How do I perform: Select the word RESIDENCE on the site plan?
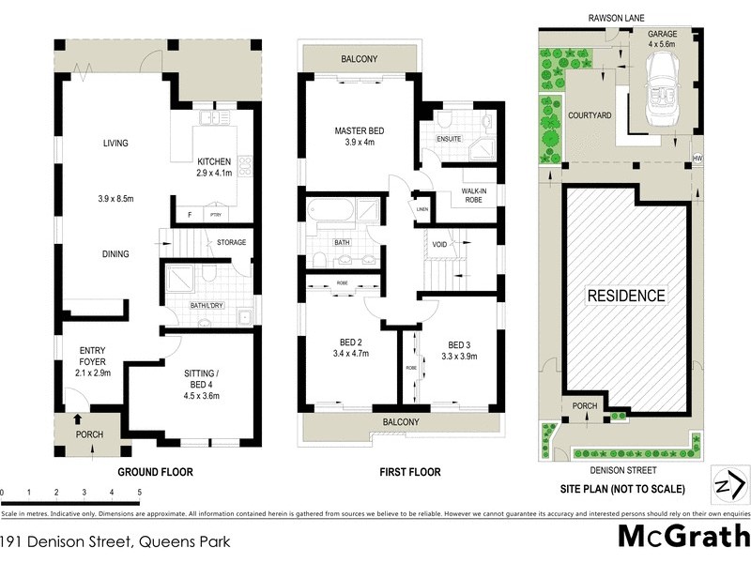[626, 296]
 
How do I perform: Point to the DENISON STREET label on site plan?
[617, 469]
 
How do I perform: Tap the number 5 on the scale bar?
[139, 492]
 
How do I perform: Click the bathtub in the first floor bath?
[330, 210]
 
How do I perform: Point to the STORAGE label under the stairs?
[232, 243]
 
